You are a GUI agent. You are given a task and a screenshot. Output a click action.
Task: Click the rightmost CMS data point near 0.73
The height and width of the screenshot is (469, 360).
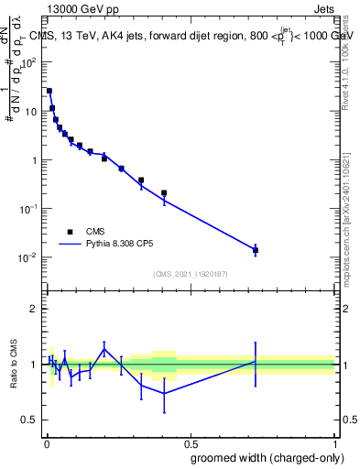(x=256, y=250)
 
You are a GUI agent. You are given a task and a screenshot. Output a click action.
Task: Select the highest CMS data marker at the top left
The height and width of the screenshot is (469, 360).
(x=49, y=91)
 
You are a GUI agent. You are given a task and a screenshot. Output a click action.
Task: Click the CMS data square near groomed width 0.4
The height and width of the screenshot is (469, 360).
(x=164, y=193)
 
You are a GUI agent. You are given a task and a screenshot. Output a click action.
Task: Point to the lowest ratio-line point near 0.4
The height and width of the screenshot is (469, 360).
(x=164, y=393)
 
